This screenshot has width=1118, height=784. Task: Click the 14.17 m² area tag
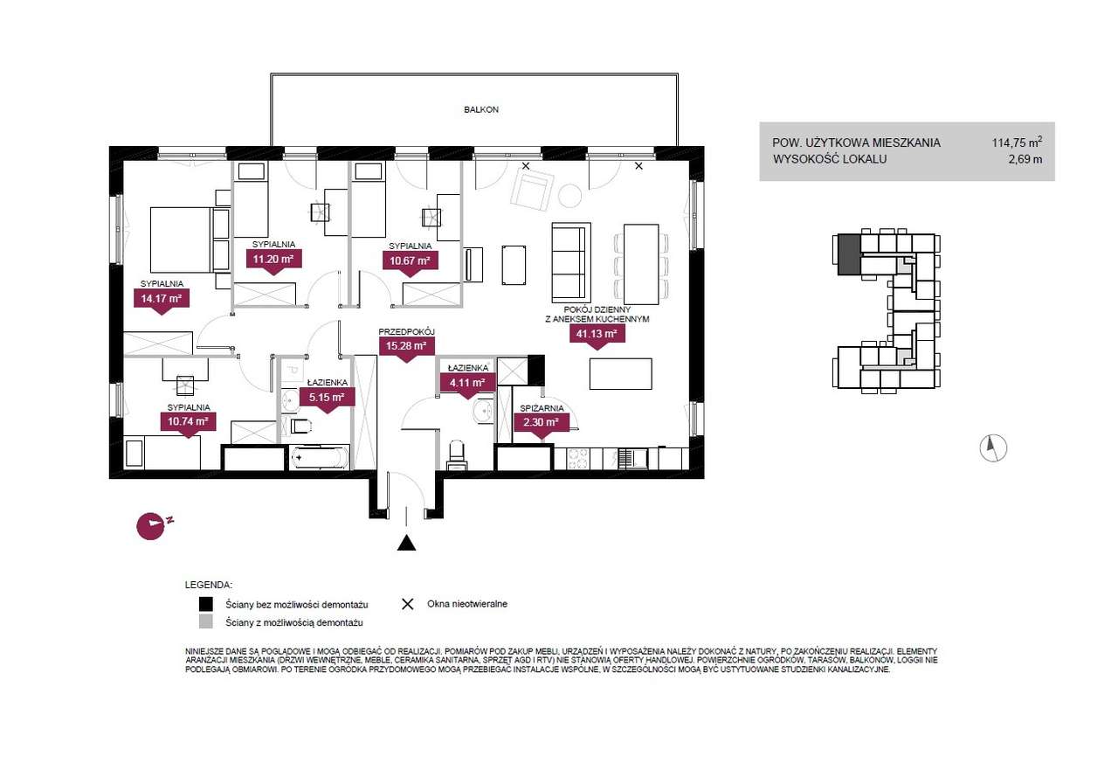162,299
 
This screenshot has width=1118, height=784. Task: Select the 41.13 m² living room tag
597,334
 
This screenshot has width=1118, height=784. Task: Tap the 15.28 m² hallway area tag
406,345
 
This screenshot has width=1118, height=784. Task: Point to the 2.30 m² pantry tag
541,422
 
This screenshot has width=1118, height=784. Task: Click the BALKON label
481,109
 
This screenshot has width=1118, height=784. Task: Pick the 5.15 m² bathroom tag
327,398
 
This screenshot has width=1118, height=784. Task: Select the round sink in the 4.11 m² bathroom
483,412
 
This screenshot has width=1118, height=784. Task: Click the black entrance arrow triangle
407,543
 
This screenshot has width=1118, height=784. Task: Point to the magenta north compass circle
150,526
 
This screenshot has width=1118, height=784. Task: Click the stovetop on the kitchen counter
578,459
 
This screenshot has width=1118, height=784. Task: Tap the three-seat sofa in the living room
571,263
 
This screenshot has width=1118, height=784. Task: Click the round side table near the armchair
569,197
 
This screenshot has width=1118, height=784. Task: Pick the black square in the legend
205,604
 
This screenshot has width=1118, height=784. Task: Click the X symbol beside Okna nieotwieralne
408,604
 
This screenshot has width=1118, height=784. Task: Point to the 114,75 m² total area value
1017,142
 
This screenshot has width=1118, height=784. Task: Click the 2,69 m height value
1025,160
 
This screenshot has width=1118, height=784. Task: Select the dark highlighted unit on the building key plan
848,254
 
